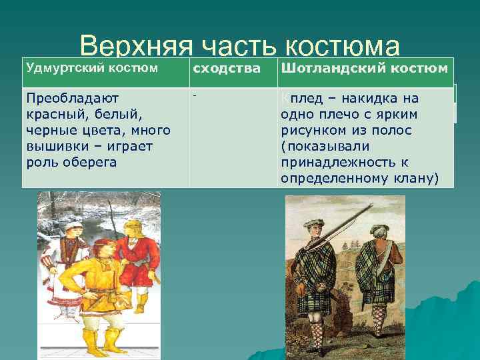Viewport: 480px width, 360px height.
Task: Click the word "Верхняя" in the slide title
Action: [134, 47]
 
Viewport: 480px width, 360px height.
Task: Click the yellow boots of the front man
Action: [100, 340]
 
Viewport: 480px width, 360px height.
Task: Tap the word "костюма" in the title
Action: [343, 47]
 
